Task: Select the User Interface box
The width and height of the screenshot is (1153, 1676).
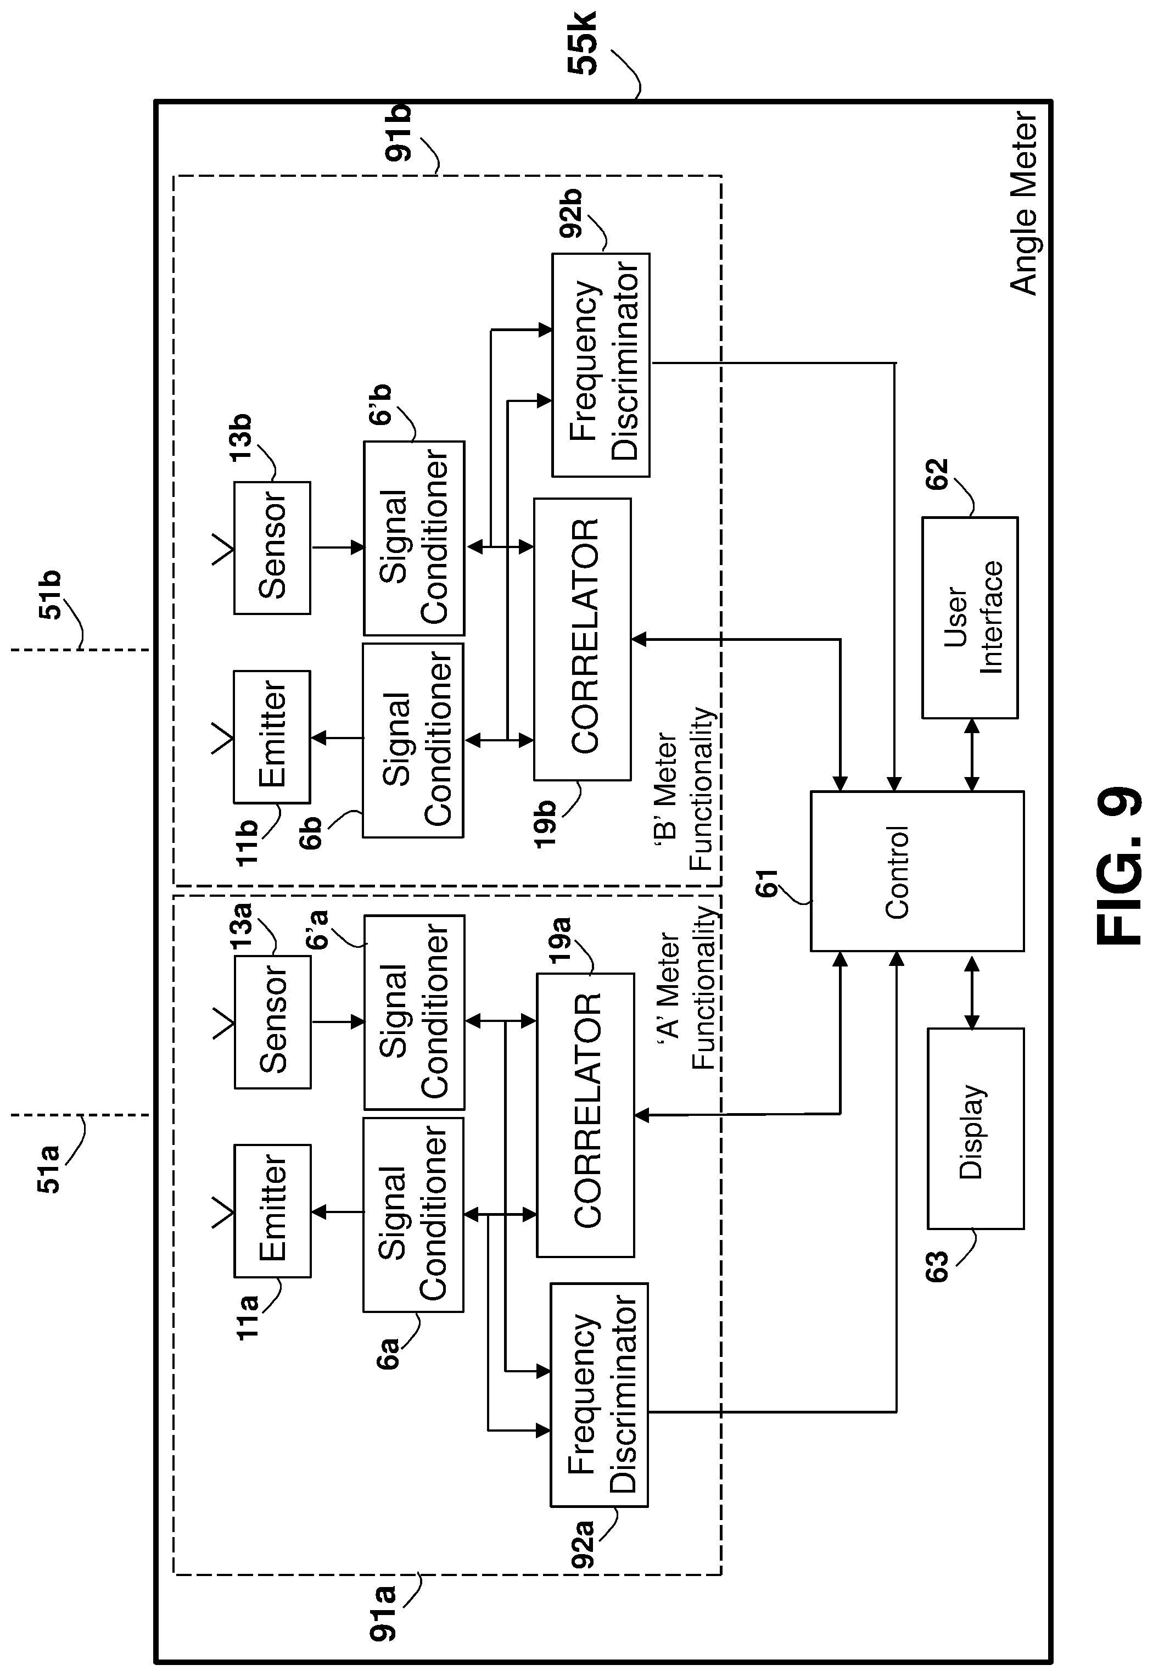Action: tap(970, 618)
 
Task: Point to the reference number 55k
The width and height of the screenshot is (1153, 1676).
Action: tap(583, 43)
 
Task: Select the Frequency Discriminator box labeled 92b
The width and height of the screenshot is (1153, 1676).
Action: tap(600, 365)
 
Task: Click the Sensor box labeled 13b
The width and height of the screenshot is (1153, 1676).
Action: tap(272, 548)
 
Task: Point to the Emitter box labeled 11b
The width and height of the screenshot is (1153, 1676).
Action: tap(272, 736)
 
